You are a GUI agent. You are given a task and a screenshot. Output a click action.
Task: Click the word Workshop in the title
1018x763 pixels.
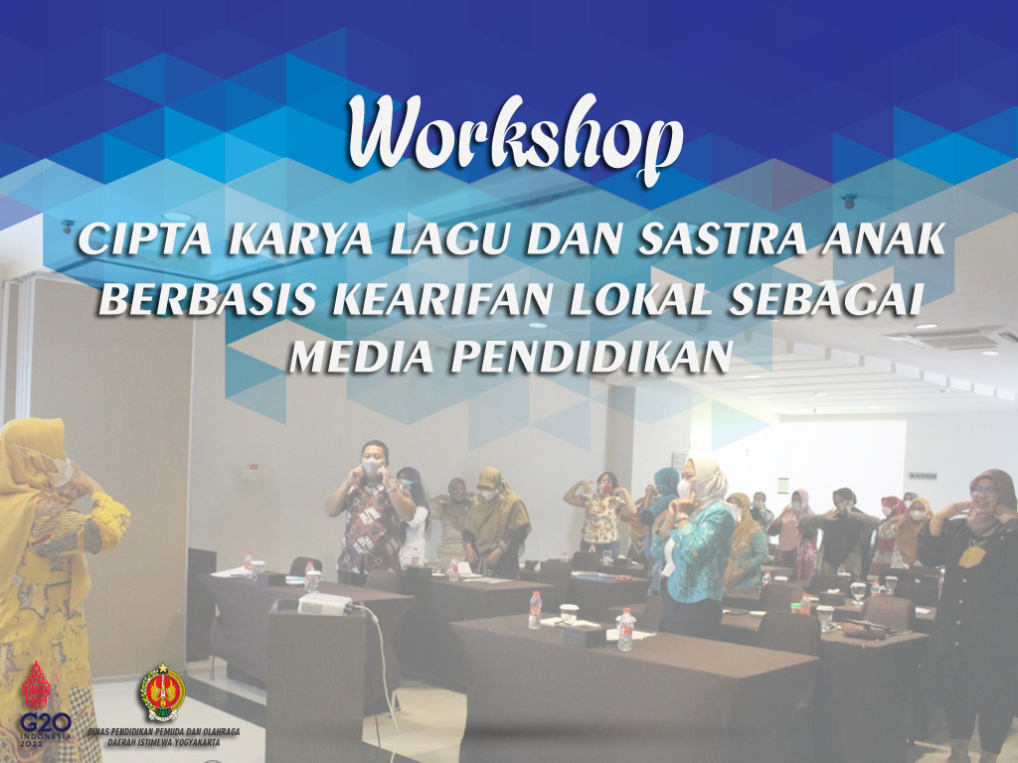coord(514,137)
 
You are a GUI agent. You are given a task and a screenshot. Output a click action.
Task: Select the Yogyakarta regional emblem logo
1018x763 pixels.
coord(162,692)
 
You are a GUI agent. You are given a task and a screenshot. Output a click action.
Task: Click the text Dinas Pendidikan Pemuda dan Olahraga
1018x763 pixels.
coord(164,732)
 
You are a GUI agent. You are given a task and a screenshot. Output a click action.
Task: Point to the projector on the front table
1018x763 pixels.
coord(324,603)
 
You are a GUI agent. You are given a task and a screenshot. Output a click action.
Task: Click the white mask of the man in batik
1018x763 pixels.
coord(371,467)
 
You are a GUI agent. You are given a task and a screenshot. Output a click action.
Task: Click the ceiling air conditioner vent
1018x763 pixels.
coord(951,338)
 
